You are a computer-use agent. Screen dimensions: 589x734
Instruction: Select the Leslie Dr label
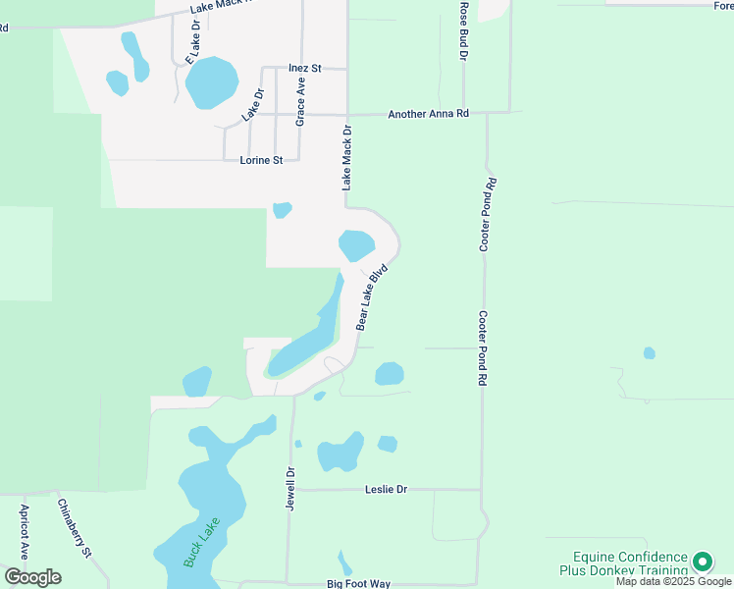386,489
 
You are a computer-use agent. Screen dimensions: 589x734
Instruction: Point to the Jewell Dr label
290,487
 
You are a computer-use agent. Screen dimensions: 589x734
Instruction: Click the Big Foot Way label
358,584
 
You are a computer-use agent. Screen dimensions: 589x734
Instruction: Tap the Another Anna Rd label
429,114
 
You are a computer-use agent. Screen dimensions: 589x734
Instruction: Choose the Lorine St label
261,160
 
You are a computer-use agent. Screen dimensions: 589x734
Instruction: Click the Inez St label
305,69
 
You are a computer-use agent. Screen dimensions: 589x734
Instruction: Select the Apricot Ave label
25,532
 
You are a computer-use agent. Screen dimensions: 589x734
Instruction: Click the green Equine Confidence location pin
702,562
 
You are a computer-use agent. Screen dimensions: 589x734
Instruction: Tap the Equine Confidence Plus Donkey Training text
623,563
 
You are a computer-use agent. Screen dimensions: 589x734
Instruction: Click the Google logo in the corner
32,577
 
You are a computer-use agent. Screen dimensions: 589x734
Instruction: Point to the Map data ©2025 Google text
673,582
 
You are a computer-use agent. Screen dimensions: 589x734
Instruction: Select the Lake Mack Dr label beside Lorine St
346,157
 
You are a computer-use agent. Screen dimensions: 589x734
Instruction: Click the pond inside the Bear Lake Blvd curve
356,243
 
